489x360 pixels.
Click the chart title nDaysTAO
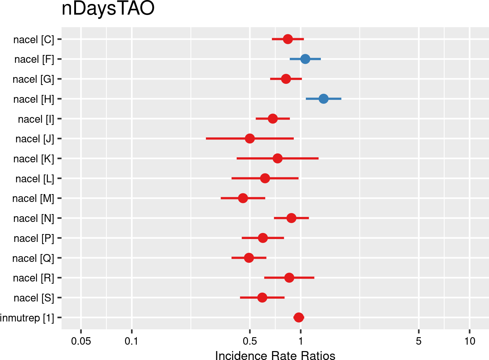[x=108, y=9]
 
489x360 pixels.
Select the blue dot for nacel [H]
[x=323, y=99]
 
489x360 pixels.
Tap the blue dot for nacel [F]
[x=305, y=59]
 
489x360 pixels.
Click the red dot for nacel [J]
[x=250, y=138]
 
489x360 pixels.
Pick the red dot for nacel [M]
[x=243, y=198]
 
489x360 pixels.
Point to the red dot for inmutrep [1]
[x=299, y=318]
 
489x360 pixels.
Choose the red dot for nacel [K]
[x=277, y=158]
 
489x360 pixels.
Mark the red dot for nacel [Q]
[x=249, y=258]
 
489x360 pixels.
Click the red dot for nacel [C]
[x=288, y=39]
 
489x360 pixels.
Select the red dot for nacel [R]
[x=289, y=278]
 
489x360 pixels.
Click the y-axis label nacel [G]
[x=34, y=79]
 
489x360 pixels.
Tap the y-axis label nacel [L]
[x=35, y=179]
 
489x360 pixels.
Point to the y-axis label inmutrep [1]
[x=27, y=318]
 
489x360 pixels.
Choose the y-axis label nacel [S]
[x=34, y=298]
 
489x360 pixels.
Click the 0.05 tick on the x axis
[x=81, y=341]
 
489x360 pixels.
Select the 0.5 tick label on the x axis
[x=250, y=341]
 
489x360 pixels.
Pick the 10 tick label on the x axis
[x=470, y=341]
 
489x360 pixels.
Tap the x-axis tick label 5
[x=419, y=341]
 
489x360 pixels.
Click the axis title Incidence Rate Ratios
[x=275, y=356]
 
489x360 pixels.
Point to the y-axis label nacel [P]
[x=34, y=238]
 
